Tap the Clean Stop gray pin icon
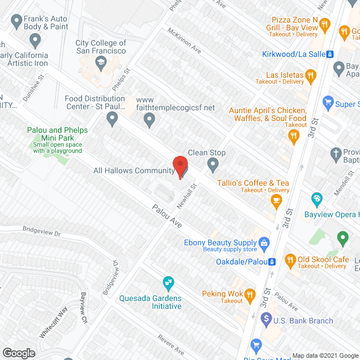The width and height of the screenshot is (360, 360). pyautogui.click(x=213, y=164)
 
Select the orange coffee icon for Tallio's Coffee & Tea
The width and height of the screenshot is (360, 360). pyautogui.click(x=276, y=200)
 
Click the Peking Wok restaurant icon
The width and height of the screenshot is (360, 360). pyautogui.click(x=250, y=294)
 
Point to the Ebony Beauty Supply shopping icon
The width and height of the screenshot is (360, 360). pyautogui.click(x=265, y=243)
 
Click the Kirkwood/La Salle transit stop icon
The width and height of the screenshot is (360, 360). pyautogui.click(x=330, y=55)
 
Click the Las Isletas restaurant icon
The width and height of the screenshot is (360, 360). pyautogui.click(x=309, y=75)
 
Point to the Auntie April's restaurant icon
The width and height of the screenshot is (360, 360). pyautogui.click(x=292, y=135)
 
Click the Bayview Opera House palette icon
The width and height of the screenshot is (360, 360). pyautogui.click(x=317, y=198)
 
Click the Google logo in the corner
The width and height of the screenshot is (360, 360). pyautogui.click(x=19, y=353)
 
